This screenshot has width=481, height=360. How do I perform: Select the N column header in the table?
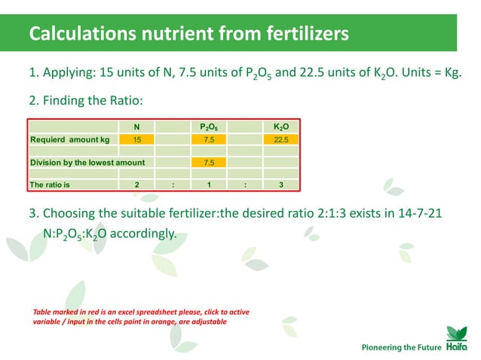[x=136, y=127]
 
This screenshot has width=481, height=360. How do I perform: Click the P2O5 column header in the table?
[x=209, y=127]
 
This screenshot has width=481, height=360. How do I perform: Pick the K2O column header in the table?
[x=281, y=127]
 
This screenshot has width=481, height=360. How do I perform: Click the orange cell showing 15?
[x=136, y=139]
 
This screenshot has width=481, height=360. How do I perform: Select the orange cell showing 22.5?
[x=281, y=139]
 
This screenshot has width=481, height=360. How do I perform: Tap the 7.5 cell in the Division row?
[x=209, y=162]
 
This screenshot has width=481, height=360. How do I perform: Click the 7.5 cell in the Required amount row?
[x=209, y=139]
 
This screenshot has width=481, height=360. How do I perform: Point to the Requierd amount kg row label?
[x=69, y=139]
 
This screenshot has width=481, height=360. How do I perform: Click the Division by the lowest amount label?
[x=87, y=162]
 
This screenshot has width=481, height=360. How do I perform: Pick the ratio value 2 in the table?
[x=136, y=184]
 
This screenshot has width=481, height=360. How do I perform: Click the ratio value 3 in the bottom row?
[x=281, y=184]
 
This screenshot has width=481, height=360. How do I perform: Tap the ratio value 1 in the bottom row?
[x=209, y=184]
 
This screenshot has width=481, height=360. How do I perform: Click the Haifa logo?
[x=457, y=341]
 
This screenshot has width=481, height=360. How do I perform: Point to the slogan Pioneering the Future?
[x=400, y=347]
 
